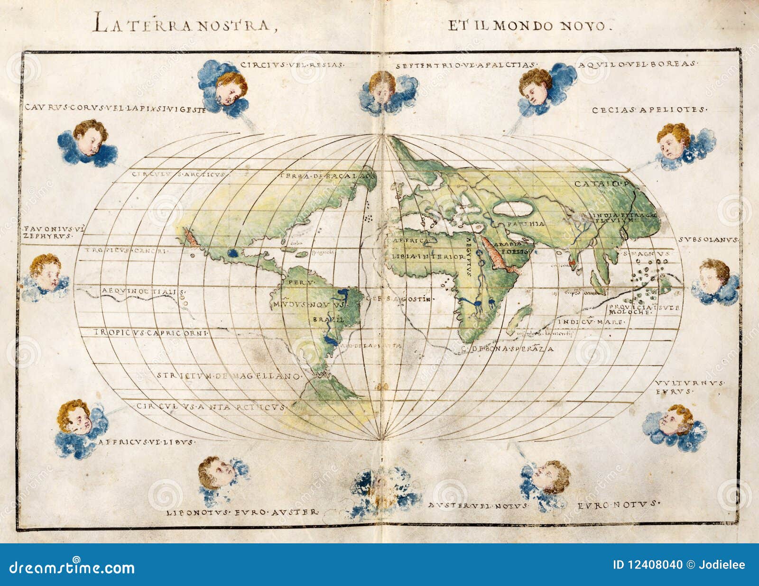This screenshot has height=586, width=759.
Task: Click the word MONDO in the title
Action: point(524,25)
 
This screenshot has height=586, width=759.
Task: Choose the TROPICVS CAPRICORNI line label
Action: point(151,333)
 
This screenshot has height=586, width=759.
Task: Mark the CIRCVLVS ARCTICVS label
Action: point(178,174)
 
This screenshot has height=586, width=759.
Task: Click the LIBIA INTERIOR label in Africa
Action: point(428,256)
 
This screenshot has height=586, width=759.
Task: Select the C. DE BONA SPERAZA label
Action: point(507,349)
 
